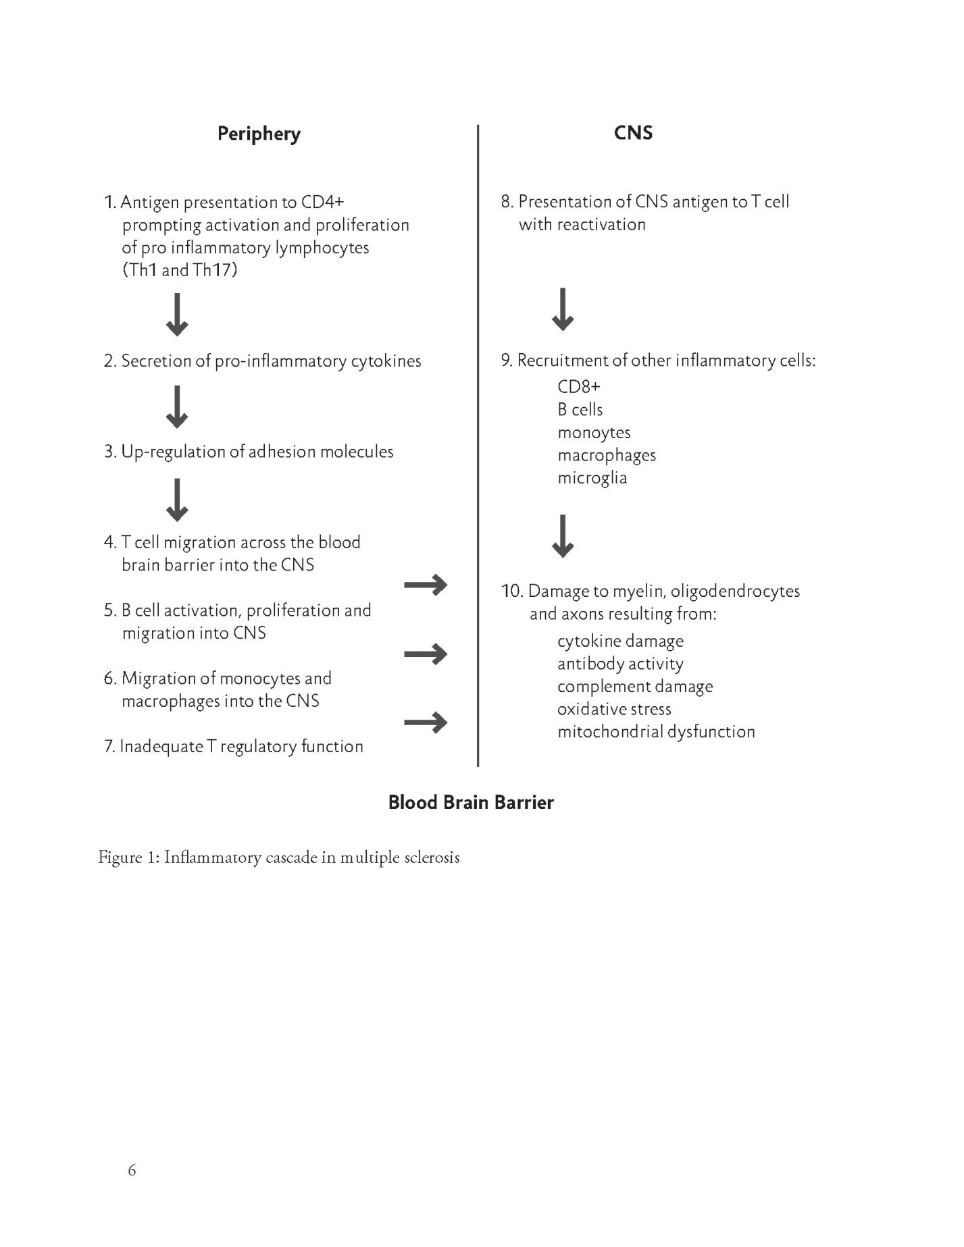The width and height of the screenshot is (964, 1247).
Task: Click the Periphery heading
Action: pyautogui.click(x=259, y=134)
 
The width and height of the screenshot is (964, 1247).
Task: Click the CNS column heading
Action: pyautogui.click(x=633, y=132)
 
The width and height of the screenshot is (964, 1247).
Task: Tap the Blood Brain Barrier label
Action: pyautogui.click(x=471, y=802)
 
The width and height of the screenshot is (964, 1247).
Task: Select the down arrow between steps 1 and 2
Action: pyautogui.click(x=177, y=315)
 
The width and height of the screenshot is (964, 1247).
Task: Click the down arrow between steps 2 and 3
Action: pyautogui.click(x=177, y=407)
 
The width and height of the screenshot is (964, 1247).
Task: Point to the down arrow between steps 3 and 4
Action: pyautogui.click(x=177, y=500)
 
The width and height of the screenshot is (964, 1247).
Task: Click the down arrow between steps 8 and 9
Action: pyautogui.click(x=563, y=309)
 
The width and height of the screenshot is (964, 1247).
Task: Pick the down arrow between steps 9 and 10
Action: pyautogui.click(x=563, y=536)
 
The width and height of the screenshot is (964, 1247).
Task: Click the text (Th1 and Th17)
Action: pyautogui.click(x=180, y=270)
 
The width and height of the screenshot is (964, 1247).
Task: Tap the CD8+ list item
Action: pyautogui.click(x=578, y=386)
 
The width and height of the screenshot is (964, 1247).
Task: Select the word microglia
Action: pyautogui.click(x=592, y=478)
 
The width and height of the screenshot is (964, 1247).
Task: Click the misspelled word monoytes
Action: pyautogui.click(x=594, y=432)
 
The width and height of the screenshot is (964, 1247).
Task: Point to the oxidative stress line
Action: pyautogui.click(x=614, y=709)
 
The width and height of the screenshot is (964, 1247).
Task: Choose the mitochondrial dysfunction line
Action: pyautogui.click(x=656, y=732)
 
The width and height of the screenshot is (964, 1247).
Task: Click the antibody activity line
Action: pyautogui.click(x=620, y=664)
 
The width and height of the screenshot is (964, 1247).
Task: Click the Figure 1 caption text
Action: pyautogui.click(x=279, y=857)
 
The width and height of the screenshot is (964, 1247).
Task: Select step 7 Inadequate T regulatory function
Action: pyautogui.click(x=234, y=746)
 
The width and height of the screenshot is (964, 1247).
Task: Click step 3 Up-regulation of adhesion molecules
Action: pyautogui.click(x=249, y=452)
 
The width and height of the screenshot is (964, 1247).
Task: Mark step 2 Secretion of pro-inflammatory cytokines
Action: pyautogui.click(x=262, y=361)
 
